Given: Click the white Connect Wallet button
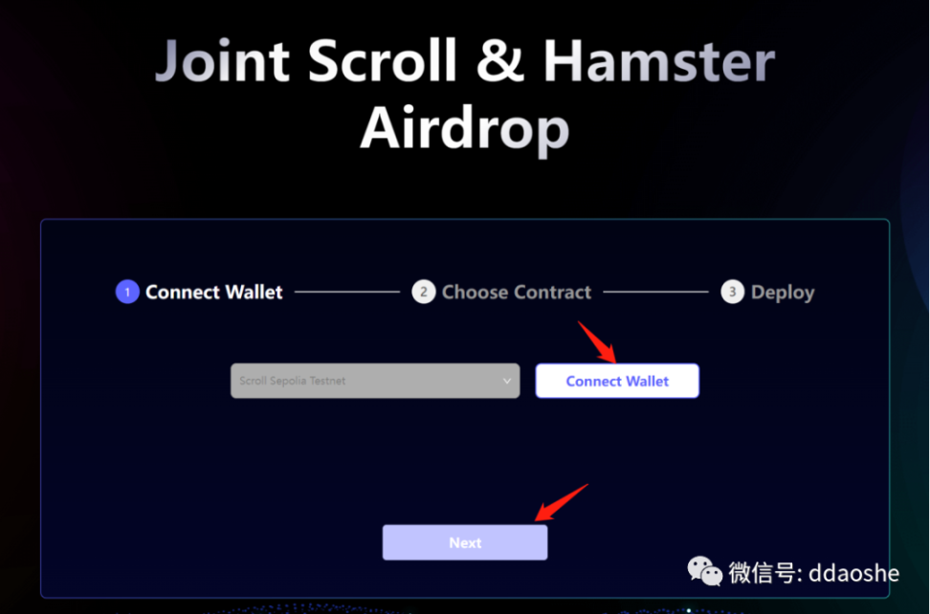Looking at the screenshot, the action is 617,381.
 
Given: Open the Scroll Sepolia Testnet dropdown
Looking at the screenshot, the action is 375,381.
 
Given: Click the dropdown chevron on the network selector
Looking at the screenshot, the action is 506,381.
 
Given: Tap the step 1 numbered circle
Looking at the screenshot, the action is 127,292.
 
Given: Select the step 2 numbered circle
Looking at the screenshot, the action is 424,292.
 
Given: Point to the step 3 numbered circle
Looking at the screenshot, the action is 733,292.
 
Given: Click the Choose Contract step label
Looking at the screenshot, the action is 517,293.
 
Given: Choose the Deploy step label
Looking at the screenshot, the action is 783,293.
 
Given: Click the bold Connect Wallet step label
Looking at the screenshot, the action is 214,293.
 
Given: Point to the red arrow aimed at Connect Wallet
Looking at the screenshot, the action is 597,342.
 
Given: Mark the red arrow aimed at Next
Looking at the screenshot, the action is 561,502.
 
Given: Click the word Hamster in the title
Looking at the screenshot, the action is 659,60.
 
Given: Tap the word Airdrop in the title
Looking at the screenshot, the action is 465,129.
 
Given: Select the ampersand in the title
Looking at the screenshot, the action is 500,60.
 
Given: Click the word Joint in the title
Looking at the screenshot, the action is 222,60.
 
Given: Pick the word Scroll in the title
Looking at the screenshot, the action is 382,60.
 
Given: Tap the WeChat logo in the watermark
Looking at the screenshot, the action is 704,571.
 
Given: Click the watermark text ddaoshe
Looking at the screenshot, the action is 854,573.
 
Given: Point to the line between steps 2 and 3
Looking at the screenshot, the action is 656,292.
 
